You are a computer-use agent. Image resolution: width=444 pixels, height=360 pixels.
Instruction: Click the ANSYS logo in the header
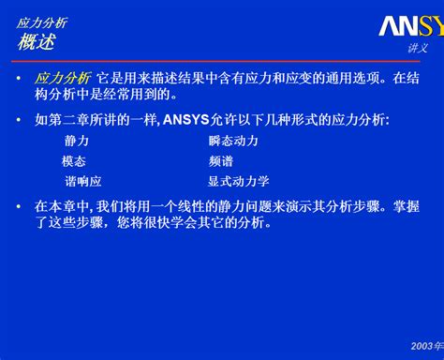tap(410, 24)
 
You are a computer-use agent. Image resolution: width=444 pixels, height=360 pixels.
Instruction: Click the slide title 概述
tap(37, 42)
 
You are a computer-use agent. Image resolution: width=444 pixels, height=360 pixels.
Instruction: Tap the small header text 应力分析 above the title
tap(42, 22)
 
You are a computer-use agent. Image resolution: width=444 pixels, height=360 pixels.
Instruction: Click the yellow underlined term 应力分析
tap(63, 78)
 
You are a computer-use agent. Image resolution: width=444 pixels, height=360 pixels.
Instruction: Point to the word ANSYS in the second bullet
tap(185, 119)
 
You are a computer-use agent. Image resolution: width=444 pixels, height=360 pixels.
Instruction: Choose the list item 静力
tap(77, 140)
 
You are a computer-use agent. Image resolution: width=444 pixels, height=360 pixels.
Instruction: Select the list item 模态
tap(74, 160)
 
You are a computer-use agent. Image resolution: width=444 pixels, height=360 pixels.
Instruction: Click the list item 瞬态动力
tap(233, 140)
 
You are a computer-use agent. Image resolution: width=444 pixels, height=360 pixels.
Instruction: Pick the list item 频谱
tap(221, 160)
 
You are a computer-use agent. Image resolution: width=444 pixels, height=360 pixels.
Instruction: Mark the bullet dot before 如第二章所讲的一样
tap(19, 120)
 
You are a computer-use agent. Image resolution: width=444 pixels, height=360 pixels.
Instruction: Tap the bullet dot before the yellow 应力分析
tap(19, 79)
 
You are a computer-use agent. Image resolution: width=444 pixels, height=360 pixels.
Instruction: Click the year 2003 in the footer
tap(422, 346)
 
